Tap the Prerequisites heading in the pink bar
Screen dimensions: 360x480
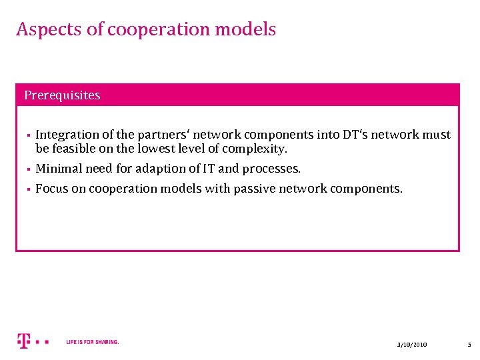tap(62, 95)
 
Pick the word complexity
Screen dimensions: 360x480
tap(257, 149)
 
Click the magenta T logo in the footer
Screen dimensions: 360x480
tap(24, 341)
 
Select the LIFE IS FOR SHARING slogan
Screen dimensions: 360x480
tap(93, 342)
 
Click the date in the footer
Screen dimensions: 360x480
tap(411, 344)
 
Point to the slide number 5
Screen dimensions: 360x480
tap(469, 344)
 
